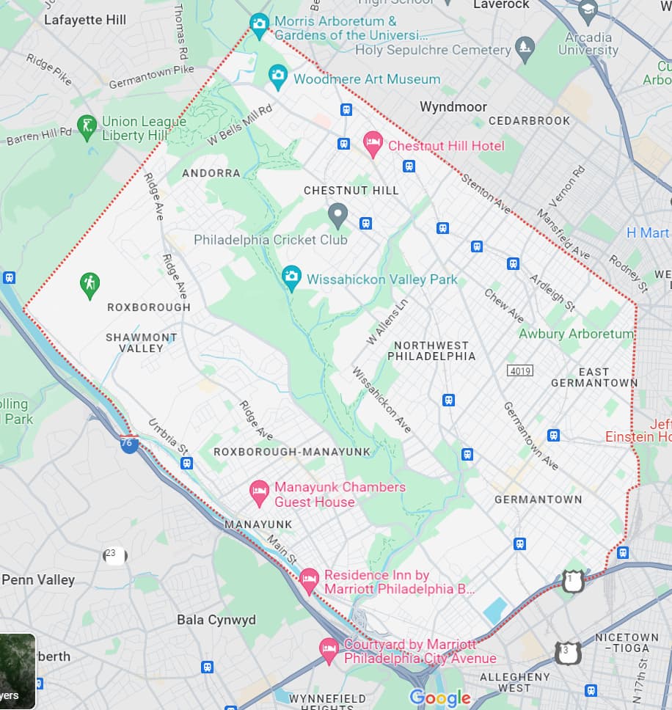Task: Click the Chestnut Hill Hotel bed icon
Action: [373, 144]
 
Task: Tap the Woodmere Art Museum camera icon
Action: [277, 76]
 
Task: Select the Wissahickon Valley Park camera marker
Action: [292, 277]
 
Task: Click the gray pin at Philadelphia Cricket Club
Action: [337, 215]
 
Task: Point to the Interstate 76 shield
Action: [129, 443]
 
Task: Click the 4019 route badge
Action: [519, 371]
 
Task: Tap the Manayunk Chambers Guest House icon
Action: [259, 493]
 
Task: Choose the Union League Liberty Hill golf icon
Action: [87, 128]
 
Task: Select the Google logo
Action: [440, 698]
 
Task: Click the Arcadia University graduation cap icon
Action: [588, 10]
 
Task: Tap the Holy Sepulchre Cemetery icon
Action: [525, 49]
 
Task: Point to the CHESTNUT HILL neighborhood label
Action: [351, 191]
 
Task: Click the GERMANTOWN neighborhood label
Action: [538, 499]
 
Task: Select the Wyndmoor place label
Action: [453, 107]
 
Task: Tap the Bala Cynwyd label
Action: [216, 620]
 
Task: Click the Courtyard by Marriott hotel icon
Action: [329, 649]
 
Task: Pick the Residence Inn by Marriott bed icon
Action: [310, 581]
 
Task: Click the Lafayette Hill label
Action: [85, 20]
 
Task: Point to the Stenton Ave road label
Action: [486, 194]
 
